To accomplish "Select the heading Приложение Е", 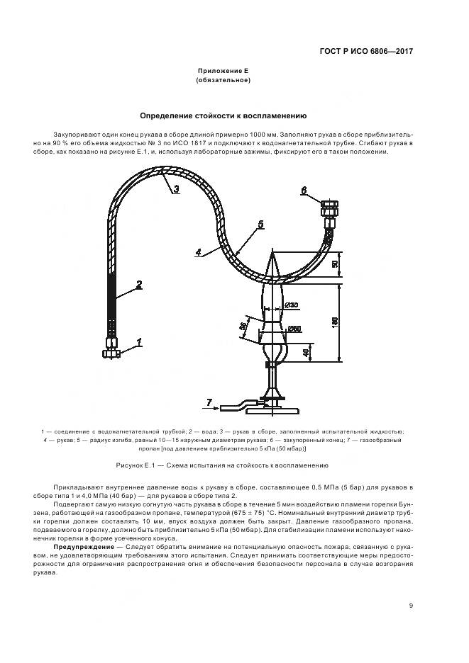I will pos(223,72).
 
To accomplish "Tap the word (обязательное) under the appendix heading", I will pos(223,81).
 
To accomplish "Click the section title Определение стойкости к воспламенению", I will pos(223,115).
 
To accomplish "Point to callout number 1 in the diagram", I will pos(140,341).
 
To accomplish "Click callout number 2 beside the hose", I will pos(139,285).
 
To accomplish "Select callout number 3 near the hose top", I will pos(175,189).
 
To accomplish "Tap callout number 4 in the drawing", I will pos(199,251).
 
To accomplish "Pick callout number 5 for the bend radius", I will pos(260,224).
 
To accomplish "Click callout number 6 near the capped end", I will pos(303,190).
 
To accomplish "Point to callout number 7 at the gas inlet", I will pos(209,402).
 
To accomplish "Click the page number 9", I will pos(411,605).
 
